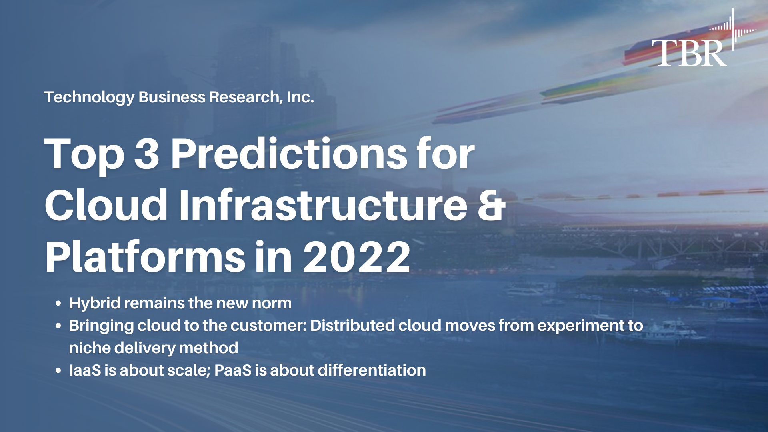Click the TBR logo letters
tap(689, 52)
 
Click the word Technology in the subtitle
tap(89, 97)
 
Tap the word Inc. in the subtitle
tap(300, 97)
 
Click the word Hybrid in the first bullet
tap(94, 303)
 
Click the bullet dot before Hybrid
tap(58, 304)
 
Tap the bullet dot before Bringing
tap(58, 326)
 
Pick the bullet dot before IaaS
tap(58, 371)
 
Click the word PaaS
tap(232, 370)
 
